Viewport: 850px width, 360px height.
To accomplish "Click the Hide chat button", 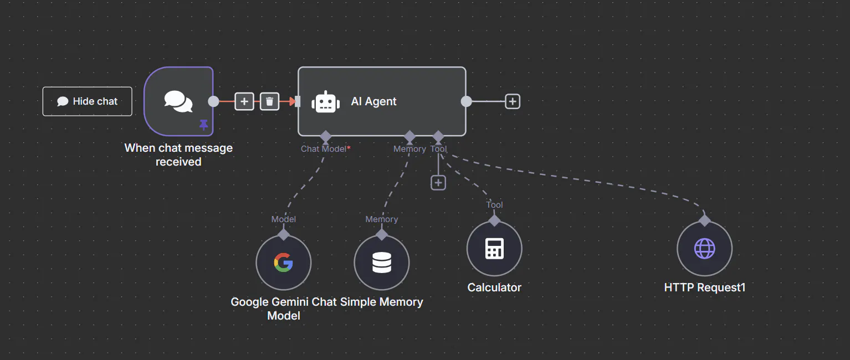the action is click(x=88, y=101).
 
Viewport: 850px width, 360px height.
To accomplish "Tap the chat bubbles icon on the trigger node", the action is click(x=178, y=101).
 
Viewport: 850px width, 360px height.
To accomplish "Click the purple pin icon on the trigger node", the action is click(x=204, y=125).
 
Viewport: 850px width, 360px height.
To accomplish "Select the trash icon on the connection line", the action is click(x=269, y=101).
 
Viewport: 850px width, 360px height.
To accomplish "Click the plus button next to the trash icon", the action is click(x=244, y=101).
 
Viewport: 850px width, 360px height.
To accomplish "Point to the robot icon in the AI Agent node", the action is click(x=326, y=102).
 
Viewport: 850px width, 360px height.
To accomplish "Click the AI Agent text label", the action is click(x=373, y=101).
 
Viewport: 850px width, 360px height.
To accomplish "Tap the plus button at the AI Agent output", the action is click(x=513, y=101).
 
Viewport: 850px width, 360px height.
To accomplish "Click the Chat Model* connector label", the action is click(x=326, y=148).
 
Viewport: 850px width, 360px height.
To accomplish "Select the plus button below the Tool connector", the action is click(x=438, y=183).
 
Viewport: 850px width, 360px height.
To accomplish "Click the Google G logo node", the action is click(x=284, y=263).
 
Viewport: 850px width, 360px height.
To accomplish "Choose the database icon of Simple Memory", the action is click(x=382, y=263).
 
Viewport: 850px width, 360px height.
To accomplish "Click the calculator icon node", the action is click(x=494, y=249).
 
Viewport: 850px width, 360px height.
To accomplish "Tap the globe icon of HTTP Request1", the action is click(x=705, y=249).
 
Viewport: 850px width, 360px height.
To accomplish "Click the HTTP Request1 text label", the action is click(x=705, y=287).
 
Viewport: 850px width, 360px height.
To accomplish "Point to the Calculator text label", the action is click(x=494, y=287).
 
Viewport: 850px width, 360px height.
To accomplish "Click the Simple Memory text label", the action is click(x=381, y=302).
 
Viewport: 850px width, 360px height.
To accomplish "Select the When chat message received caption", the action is click(x=178, y=155).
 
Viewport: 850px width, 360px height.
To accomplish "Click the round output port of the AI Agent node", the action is click(x=467, y=101).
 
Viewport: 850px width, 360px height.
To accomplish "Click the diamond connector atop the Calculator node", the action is click(x=494, y=220).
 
